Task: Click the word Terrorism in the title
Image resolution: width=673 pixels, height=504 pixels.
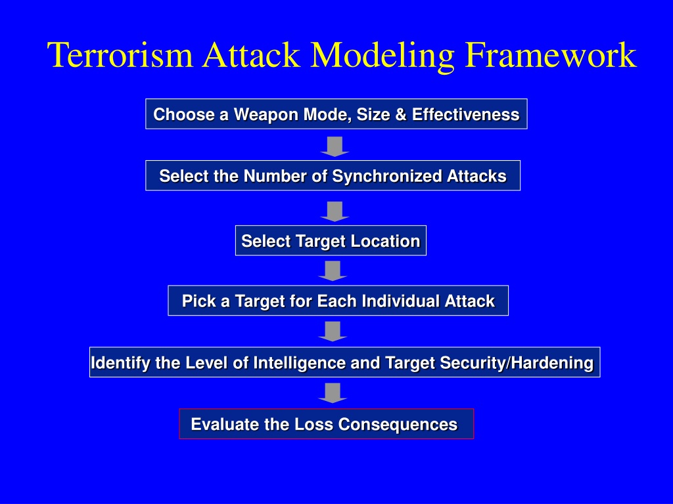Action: pyautogui.click(x=120, y=55)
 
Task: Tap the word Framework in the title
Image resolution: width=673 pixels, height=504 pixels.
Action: pyautogui.click(x=551, y=55)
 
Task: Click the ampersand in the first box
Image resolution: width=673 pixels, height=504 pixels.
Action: pyautogui.click(x=401, y=114)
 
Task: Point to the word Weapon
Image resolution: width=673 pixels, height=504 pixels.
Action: pyautogui.click(x=266, y=115)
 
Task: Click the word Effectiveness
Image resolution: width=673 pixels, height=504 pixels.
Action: pyautogui.click(x=466, y=114)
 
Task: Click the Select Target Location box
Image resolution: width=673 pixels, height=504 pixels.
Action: pyautogui.click(x=331, y=240)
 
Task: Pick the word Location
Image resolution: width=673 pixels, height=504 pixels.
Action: pyautogui.click(x=385, y=241)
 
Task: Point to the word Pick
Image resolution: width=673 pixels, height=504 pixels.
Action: pyautogui.click(x=198, y=301)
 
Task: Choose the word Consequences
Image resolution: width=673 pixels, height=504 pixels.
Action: pyautogui.click(x=398, y=425)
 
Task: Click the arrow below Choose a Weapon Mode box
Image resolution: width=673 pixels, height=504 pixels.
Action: pyautogui.click(x=335, y=146)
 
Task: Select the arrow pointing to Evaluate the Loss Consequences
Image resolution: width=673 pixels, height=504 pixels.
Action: pyautogui.click(x=333, y=393)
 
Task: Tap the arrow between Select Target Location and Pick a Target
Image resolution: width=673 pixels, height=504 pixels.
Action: pyautogui.click(x=333, y=271)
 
